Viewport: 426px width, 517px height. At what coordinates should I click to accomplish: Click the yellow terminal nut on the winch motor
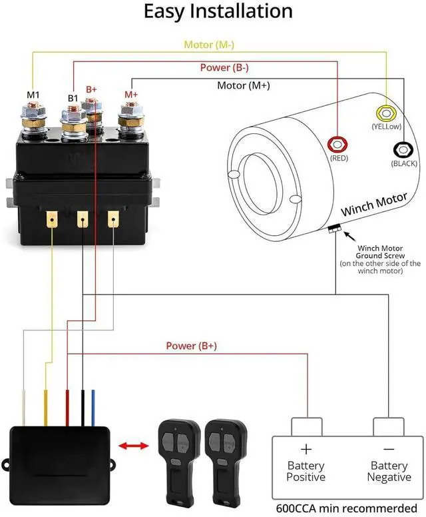(x=386, y=113)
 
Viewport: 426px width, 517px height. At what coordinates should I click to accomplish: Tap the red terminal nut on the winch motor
(x=337, y=145)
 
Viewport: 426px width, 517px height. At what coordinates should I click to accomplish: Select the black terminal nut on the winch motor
(x=403, y=150)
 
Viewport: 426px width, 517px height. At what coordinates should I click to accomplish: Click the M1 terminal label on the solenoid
(x=33, y=95)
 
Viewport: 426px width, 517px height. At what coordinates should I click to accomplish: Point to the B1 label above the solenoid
(x=73, y=98)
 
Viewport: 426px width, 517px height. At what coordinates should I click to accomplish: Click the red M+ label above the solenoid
(x=131, y=95)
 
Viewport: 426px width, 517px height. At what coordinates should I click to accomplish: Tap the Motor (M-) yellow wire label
(x=209, y=45)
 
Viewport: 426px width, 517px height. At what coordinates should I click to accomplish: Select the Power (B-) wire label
(x=224, y=67)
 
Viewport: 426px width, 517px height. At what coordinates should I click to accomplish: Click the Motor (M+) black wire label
(x=244, y=85)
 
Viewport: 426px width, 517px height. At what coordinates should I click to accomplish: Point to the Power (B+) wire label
(x=192, y=346)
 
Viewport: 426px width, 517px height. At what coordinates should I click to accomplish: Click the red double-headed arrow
(x=133, y=446)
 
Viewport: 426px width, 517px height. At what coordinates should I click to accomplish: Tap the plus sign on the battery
(x=306, y=450)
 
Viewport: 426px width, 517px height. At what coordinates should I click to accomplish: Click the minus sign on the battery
(x=389, y=449)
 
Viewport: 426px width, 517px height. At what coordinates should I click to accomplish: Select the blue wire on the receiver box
(x=93, y=408)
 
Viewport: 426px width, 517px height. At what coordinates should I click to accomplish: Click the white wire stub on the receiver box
(x=24, y=408)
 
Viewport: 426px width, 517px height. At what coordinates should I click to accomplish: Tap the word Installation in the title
(x=241, y=11)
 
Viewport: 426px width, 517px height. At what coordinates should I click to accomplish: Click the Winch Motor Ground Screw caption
(x=380, y=252)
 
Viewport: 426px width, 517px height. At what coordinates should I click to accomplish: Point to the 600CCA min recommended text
(x=347, y=508)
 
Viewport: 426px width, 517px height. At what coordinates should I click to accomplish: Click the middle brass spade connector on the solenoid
(x=83, y=219)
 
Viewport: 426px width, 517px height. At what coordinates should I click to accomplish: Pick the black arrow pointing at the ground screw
(x=349, y=236)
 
